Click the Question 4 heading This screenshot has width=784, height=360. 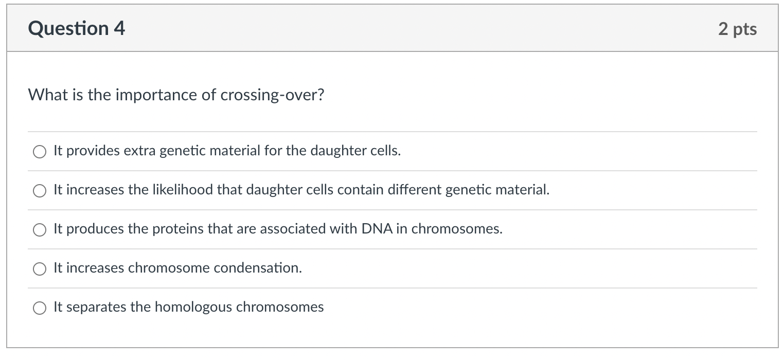click(76, 28)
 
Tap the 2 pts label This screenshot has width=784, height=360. click(738, 29)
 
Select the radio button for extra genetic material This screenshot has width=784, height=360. click(40, 152)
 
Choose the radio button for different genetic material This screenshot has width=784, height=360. click(40, 191)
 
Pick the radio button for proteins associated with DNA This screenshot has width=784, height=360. click(40, 230)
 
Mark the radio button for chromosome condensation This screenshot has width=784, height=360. click(40, 269)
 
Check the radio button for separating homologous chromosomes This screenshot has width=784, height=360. click(40, 308)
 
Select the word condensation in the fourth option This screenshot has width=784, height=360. click(258, 268)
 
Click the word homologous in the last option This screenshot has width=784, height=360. click(193, 308)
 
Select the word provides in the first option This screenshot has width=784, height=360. click(93, 151)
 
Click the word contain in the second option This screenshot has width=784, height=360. click(360, 190)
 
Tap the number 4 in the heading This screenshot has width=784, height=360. click(119, 28)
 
